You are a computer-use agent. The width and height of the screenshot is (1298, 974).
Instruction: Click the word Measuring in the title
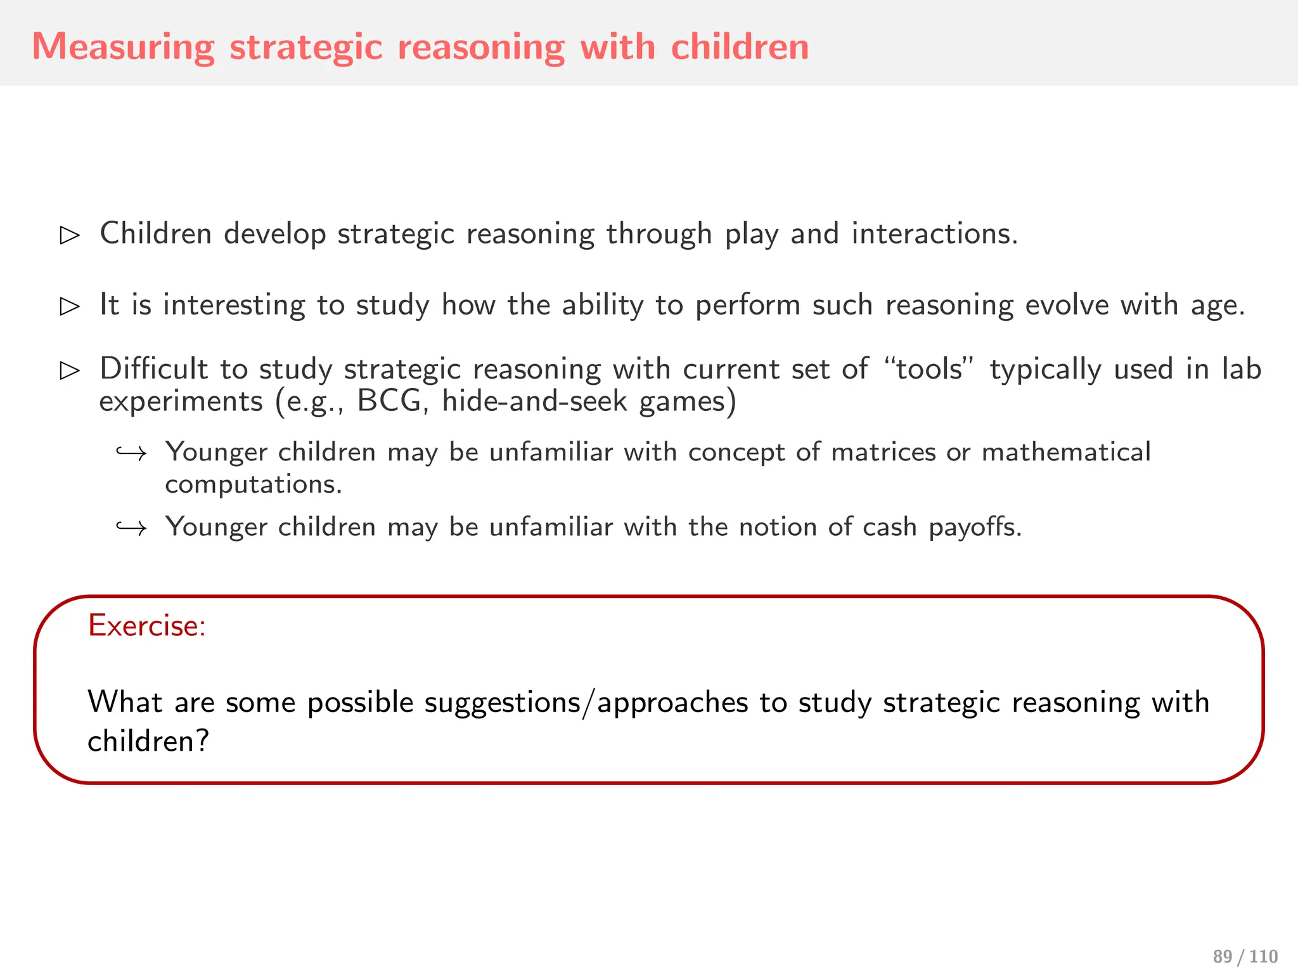pos(124,48)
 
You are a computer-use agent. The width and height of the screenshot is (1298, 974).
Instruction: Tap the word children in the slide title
pos(740,48)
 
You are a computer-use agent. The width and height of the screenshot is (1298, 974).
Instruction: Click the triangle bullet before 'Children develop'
pos(70,235)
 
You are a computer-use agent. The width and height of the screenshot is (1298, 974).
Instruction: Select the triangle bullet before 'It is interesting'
pos(70,306)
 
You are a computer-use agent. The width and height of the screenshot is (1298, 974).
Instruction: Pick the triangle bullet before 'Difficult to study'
pos(70,370)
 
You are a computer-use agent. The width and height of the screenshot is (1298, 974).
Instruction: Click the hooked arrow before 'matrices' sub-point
pos(131,453)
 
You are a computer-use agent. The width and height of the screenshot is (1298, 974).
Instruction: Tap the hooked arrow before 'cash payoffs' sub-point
pos(131,528)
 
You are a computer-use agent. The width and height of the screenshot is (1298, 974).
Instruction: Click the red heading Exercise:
pos(147,626)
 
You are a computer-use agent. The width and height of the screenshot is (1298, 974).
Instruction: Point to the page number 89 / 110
pos(1245,956)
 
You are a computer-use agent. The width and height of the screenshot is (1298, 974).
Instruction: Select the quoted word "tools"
pos(929,369)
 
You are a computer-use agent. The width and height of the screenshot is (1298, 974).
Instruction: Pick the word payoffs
pos(975,528)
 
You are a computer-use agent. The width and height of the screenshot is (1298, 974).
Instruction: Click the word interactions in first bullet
pos(934,234)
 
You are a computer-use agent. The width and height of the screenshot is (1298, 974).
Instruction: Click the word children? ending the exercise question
pos(148,741)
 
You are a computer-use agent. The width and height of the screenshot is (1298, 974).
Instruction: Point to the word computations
pos(254,484)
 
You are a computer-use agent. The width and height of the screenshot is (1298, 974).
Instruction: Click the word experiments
pos(181,401)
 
